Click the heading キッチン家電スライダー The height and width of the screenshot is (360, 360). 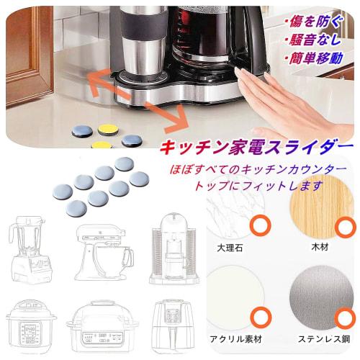coord(256,148)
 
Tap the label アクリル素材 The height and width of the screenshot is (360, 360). coord(235,338)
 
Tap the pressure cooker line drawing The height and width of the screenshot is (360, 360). coord(30,327)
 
